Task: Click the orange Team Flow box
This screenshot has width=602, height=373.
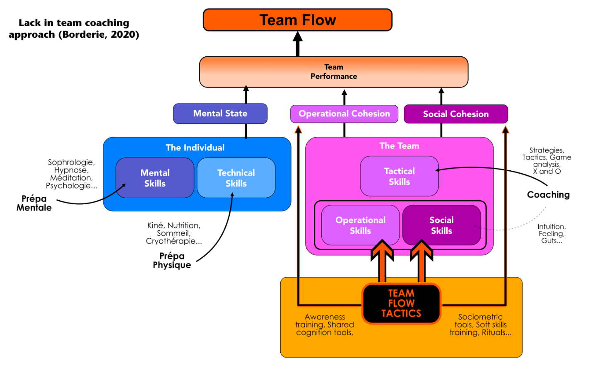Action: coord(297,20)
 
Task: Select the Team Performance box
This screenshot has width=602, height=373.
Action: coord(334,72)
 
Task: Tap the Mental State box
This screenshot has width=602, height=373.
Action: coord(220,114)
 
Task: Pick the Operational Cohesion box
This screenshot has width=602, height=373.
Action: coord(344,114)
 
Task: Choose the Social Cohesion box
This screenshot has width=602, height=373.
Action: coord(455,114)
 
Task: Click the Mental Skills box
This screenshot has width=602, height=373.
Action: coord(155,178)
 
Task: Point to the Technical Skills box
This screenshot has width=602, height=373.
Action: coord(236,178)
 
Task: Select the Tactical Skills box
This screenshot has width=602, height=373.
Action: coord(399,176)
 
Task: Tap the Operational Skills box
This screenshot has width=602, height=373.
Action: coord(360,225)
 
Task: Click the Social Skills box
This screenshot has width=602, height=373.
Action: coord(441,225)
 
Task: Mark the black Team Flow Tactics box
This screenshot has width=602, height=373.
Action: coord(401,303)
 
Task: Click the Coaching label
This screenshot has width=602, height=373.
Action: coord(548,195)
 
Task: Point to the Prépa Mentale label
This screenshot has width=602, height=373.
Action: coord(34,203)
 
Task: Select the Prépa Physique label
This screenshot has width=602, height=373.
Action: coord(172,260)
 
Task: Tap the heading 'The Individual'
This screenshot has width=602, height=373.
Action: coord(195,148)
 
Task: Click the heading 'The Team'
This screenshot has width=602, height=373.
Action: coord(399,146)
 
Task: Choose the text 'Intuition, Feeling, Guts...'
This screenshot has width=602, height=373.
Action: coord(551,233)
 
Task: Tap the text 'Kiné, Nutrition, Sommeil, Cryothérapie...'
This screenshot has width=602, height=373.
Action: coord(174,233)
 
